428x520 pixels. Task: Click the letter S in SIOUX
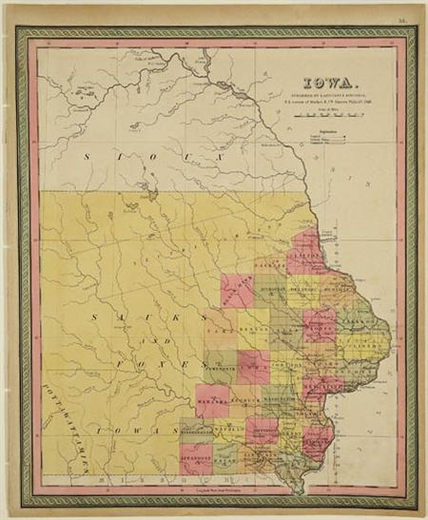(x=87, y=155)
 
